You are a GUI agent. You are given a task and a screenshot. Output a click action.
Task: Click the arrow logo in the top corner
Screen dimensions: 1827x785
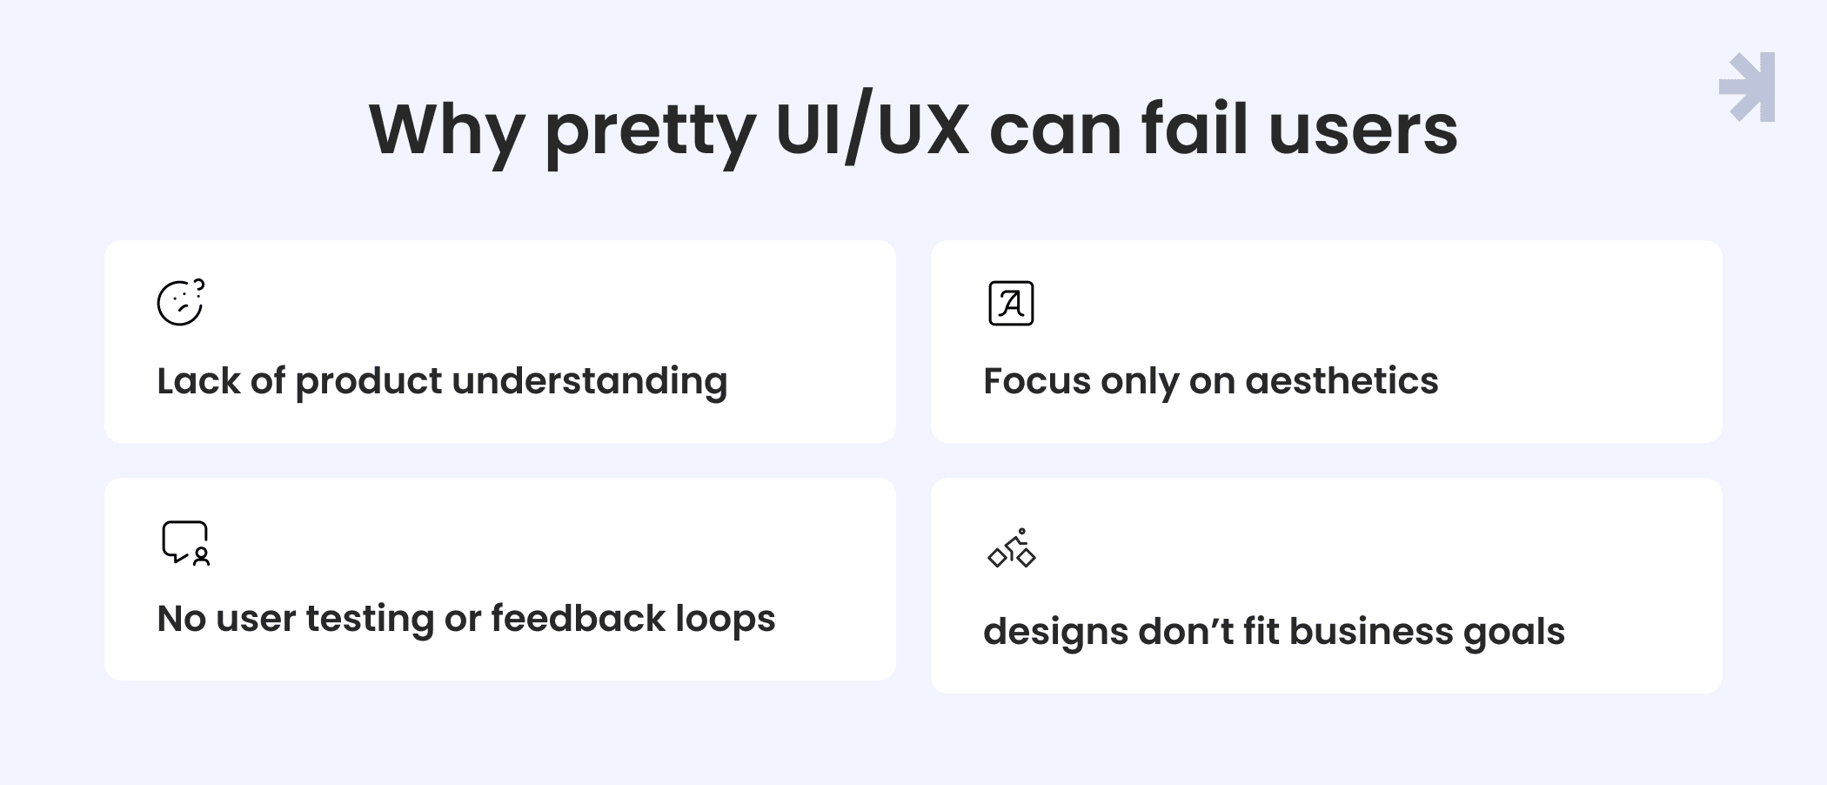[x=1747, y=87]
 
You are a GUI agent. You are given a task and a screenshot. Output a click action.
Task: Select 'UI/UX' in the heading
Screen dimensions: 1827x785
[x=872, y=131]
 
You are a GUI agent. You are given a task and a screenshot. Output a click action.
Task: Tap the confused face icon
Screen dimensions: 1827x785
[x=181, y=302]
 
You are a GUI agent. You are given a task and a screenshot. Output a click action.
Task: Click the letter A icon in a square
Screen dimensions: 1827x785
[x=1011, y=304]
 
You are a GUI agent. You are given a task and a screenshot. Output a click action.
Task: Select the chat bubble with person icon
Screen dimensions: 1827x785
[x=185, y=543]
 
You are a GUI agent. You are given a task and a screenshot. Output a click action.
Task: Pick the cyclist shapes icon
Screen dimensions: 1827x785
[x=1012, y=548]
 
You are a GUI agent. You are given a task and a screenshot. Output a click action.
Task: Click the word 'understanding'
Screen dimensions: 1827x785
[x=590, y=382]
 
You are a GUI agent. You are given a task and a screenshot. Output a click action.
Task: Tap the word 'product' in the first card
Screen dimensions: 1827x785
[x=369, y=382]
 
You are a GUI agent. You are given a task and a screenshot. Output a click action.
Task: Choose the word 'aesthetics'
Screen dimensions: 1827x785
[x=1342, y=381]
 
